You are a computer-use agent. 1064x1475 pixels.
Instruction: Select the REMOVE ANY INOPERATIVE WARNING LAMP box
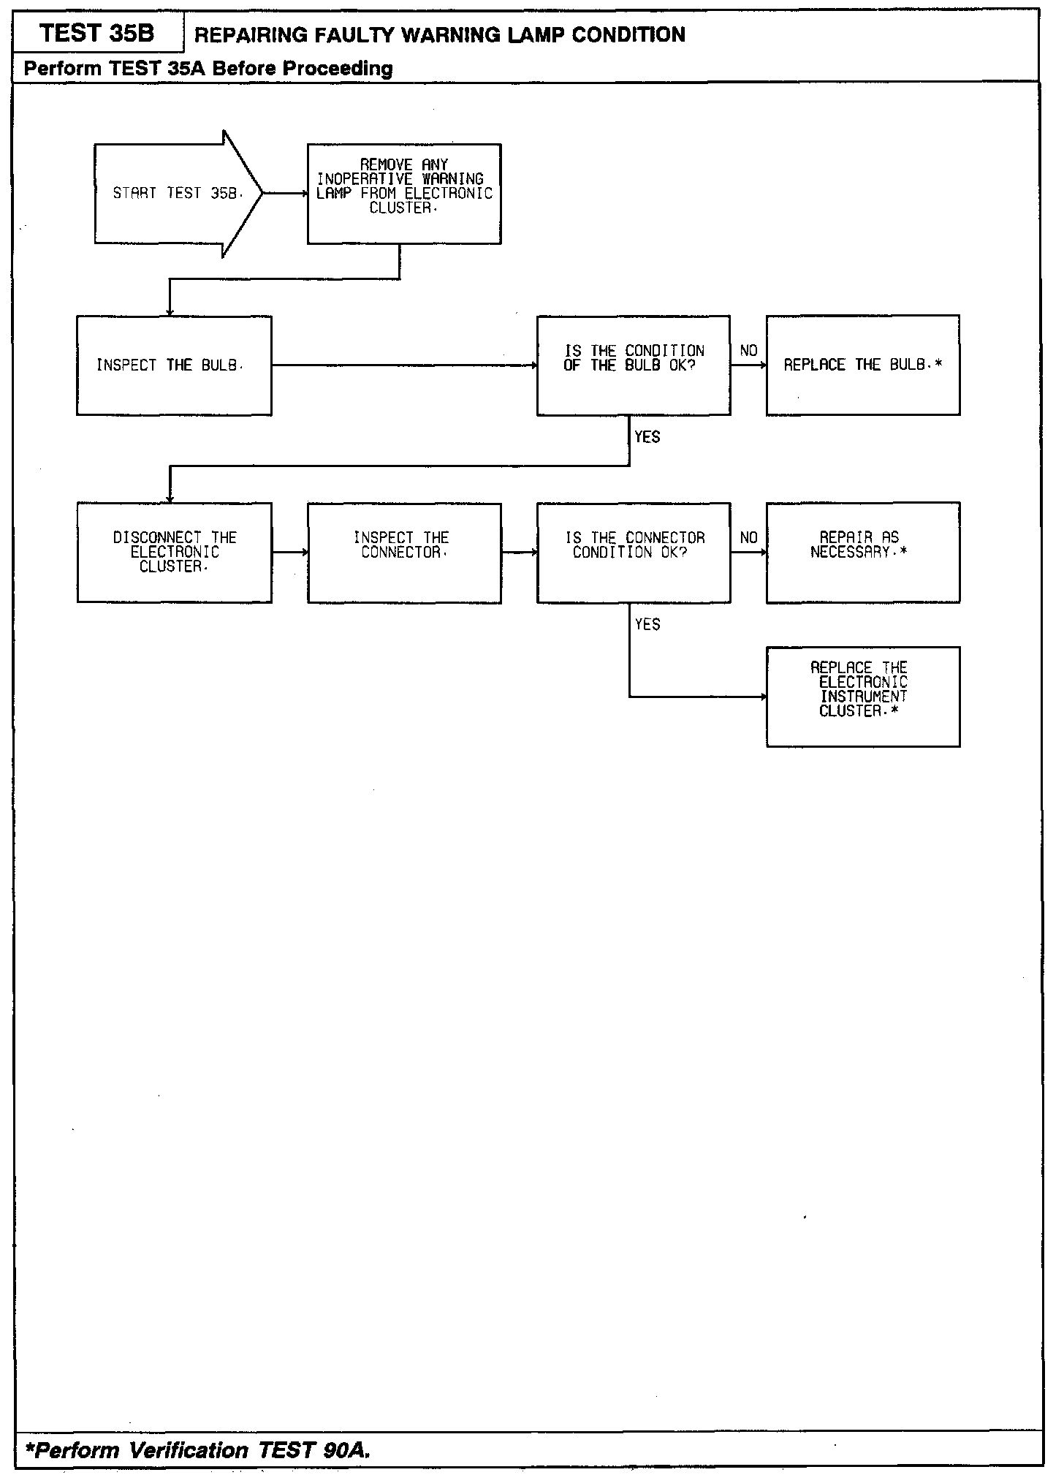tap(404, 194)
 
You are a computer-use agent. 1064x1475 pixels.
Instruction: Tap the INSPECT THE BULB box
tap(174, 365)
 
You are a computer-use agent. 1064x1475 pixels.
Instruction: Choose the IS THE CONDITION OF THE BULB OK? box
tap(634, 365)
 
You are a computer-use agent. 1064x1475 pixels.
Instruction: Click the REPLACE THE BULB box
tap(863, 365)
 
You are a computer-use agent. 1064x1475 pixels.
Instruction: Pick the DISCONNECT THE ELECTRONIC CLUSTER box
tap(174, 553)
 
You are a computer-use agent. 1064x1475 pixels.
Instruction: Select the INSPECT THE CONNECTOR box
tap(404, 553)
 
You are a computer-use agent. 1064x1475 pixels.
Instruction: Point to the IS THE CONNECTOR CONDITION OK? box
tap(634, 553)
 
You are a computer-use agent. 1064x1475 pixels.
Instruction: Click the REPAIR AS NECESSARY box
tap(863, 553)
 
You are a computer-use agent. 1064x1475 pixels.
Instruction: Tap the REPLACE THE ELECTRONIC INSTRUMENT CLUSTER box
tap(863, 697)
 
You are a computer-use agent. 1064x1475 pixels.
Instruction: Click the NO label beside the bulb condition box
tap(748, 351)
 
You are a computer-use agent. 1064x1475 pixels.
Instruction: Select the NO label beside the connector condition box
tap(748, 538)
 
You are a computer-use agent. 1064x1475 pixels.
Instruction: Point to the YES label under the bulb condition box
tap(647, 437)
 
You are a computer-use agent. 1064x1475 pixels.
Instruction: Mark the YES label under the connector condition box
tap(647, 624)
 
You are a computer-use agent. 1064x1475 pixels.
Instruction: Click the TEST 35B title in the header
tap(97, 34)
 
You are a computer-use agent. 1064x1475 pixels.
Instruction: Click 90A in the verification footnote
tap(342, 1450)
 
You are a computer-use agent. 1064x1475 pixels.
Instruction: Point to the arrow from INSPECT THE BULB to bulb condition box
tap(404, 365)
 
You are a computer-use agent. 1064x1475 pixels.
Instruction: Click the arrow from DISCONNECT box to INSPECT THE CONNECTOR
tap(289, 553)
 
